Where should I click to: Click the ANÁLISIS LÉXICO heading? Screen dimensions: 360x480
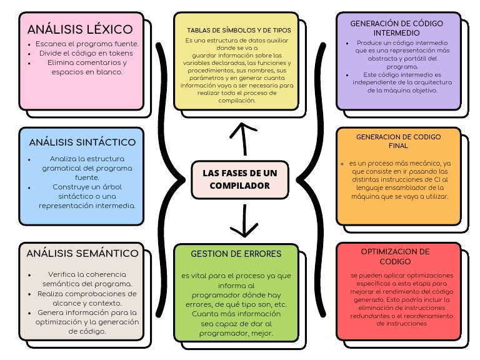point(80,29)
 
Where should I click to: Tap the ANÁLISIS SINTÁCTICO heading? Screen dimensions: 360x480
point(82,142)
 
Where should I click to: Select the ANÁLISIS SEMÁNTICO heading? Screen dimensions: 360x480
point(82,253)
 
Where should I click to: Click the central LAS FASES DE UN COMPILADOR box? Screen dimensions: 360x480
point(240,179)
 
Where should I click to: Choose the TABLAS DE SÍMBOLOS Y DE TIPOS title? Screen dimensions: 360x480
point(239,30)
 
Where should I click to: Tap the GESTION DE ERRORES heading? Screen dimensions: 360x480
point(236,254)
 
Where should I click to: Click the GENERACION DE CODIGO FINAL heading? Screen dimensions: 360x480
point(398,141)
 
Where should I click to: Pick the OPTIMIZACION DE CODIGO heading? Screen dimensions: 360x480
point(395,256)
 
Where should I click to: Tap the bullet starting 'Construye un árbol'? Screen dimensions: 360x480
point(87,196)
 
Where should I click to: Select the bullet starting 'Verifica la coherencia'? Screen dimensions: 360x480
point(87,279)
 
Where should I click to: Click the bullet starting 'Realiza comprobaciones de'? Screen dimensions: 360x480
point(87,297)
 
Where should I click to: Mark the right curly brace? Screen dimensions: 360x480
point(316,180)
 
